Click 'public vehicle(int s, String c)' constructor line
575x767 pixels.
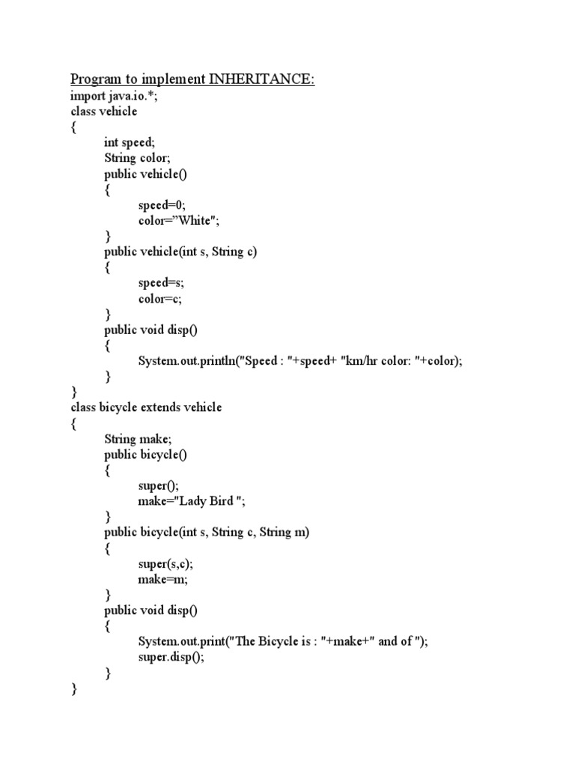[x=180, y=252]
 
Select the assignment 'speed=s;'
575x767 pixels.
[x=161, y=283]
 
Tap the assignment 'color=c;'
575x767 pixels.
[x=160, y=299]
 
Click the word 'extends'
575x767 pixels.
[x=162, y=408]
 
